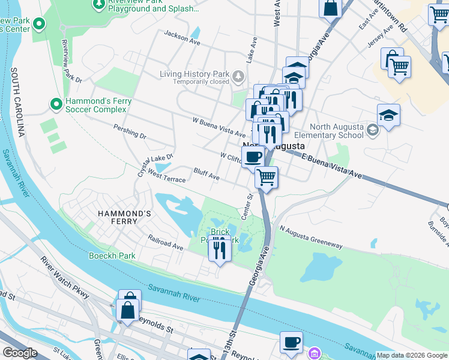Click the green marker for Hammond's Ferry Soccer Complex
point(56,104)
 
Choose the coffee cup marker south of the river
point(292,342)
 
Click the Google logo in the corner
point(20,353)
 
